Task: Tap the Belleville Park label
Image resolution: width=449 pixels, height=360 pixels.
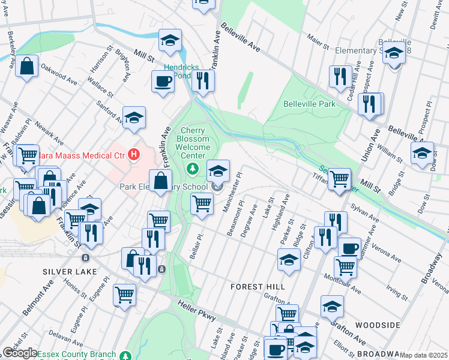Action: pos(309,104)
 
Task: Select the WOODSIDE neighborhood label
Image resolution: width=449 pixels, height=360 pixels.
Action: pos(378,325)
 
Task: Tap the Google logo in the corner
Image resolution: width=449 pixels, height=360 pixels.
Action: pos(19,353)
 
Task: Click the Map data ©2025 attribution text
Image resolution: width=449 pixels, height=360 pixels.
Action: pos(423,355)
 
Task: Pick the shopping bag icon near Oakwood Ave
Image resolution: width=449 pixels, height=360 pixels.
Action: pos(27,67)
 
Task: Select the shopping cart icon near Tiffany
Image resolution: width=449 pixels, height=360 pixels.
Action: pos(340,178)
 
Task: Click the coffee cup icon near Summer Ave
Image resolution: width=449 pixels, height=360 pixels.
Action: pos(349,247)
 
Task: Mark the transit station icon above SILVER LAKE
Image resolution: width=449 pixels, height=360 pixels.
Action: pos(85,258)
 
